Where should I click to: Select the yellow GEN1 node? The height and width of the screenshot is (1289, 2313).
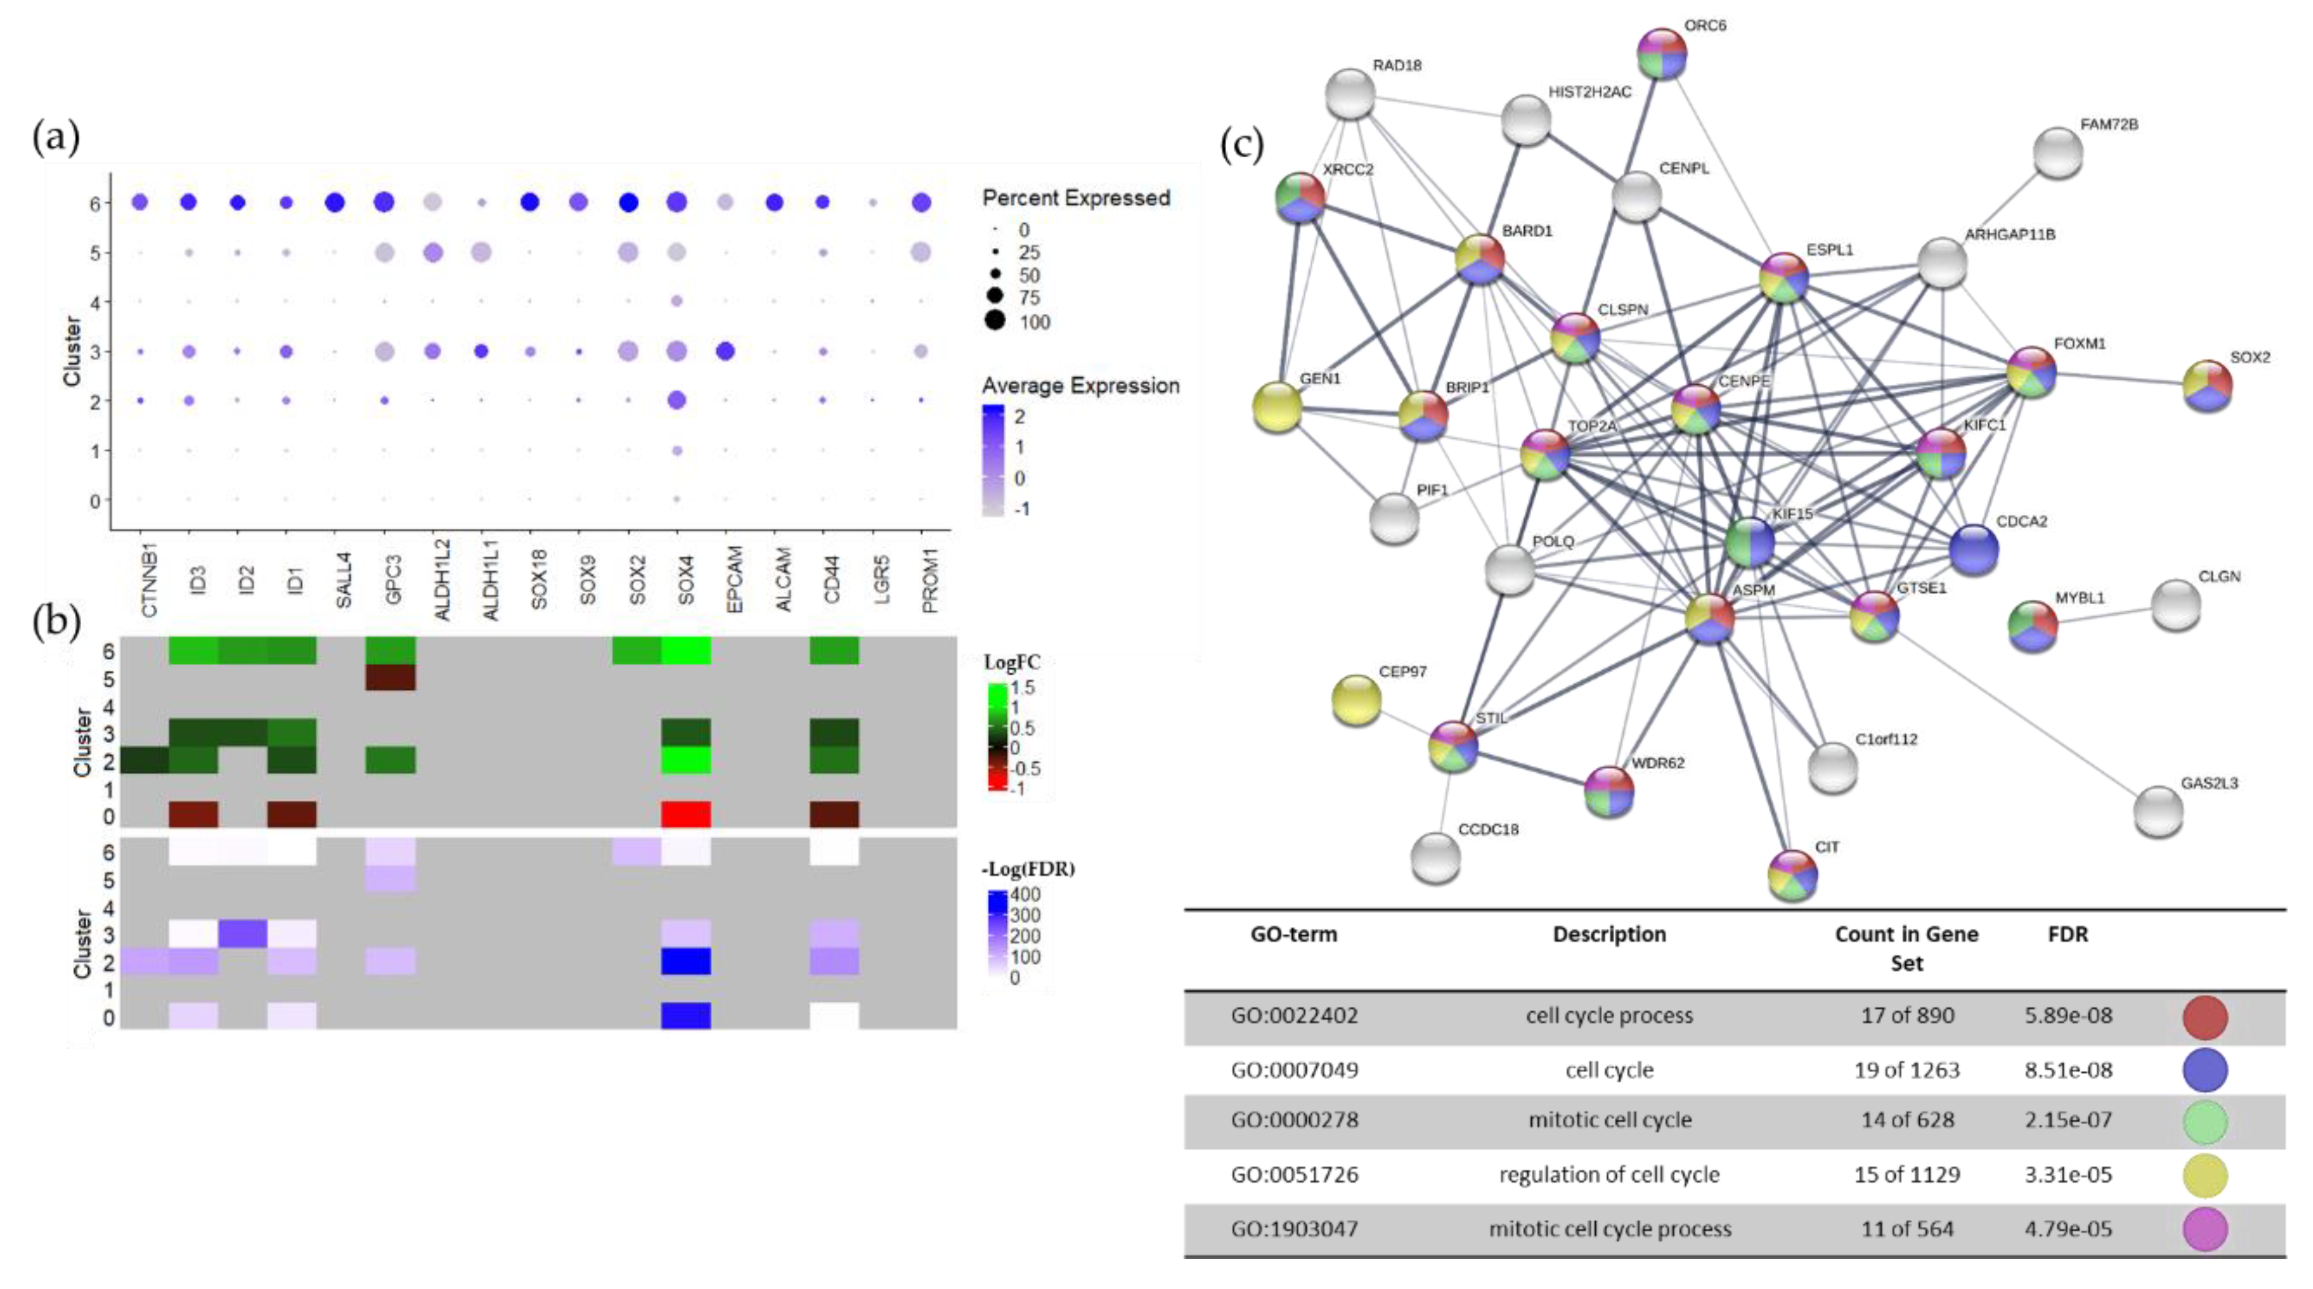(1277, 406)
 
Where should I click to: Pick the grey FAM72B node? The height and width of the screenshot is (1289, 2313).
(2057, 153)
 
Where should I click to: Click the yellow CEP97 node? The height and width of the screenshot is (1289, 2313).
(1356, 699)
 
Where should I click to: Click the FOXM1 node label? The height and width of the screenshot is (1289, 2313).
(2080, 344)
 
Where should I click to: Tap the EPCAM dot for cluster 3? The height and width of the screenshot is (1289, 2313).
(726, 351)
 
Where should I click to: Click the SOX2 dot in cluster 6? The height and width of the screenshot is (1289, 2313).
(628, 203)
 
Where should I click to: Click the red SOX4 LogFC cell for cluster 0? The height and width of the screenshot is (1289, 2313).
(686, 814)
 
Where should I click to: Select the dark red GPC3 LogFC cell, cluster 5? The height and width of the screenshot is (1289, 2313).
(390, 677)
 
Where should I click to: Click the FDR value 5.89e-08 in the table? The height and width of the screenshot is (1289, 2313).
(2067, 1015)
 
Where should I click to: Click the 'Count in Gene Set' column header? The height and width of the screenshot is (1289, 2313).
(1906, 948)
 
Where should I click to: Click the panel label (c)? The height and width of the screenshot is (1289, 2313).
(1242, 144)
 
